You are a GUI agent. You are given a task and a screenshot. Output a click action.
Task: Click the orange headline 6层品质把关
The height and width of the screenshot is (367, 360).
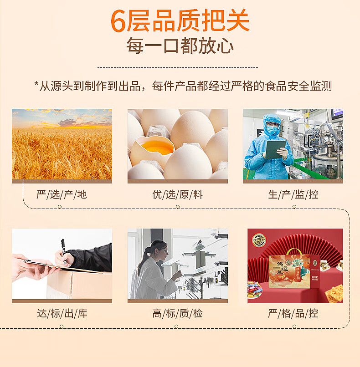coord(180,21)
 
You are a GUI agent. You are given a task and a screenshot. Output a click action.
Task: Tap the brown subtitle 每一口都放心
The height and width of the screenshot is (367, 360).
coord(180,46)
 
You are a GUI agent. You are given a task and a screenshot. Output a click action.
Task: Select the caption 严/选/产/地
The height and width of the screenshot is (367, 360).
coord(62,194)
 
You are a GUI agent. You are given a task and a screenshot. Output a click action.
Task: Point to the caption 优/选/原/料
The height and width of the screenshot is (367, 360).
coord(178,194)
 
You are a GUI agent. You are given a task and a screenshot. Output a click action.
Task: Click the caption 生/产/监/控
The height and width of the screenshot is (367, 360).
coord(293,194)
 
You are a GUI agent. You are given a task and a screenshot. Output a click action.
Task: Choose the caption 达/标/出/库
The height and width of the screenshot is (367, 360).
coord(62,313)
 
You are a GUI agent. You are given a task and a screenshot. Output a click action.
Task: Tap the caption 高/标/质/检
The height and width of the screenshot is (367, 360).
coord(178,313)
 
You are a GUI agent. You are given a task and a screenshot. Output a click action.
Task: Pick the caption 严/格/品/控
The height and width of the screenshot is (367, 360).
coord(293,313)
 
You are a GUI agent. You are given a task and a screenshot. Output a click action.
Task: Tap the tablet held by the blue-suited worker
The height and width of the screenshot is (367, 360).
coord(276,149)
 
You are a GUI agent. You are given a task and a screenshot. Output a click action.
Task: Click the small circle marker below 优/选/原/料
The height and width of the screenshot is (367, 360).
coord(178,207)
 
